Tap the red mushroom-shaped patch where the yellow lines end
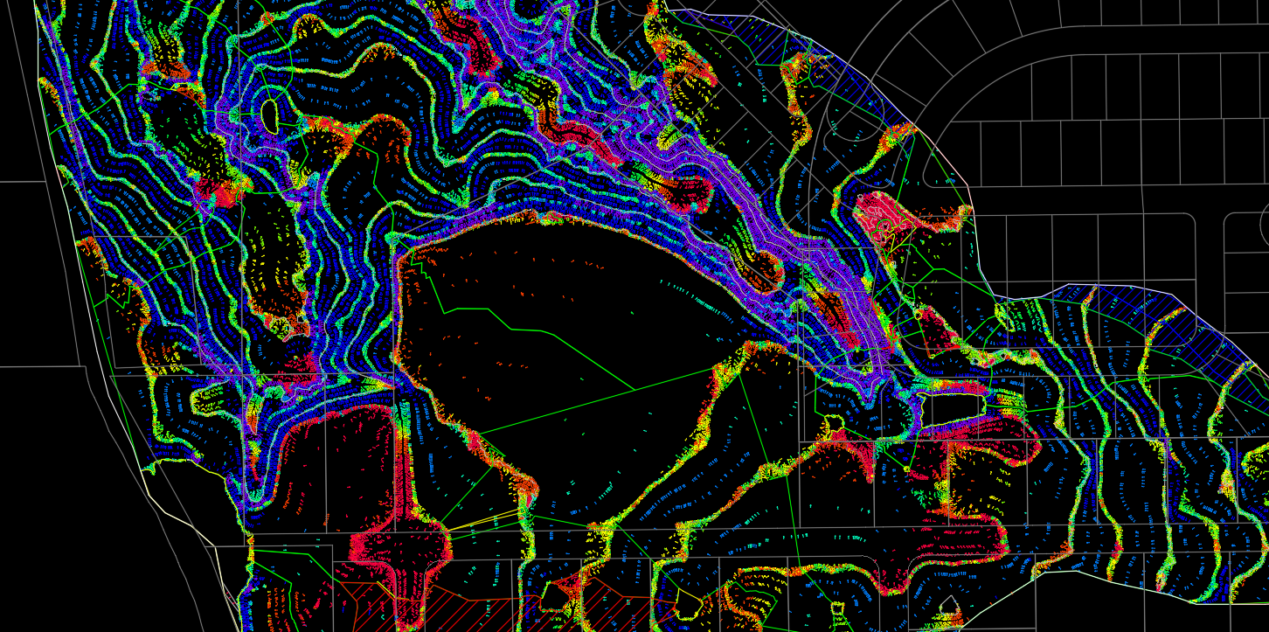point(398,546)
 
